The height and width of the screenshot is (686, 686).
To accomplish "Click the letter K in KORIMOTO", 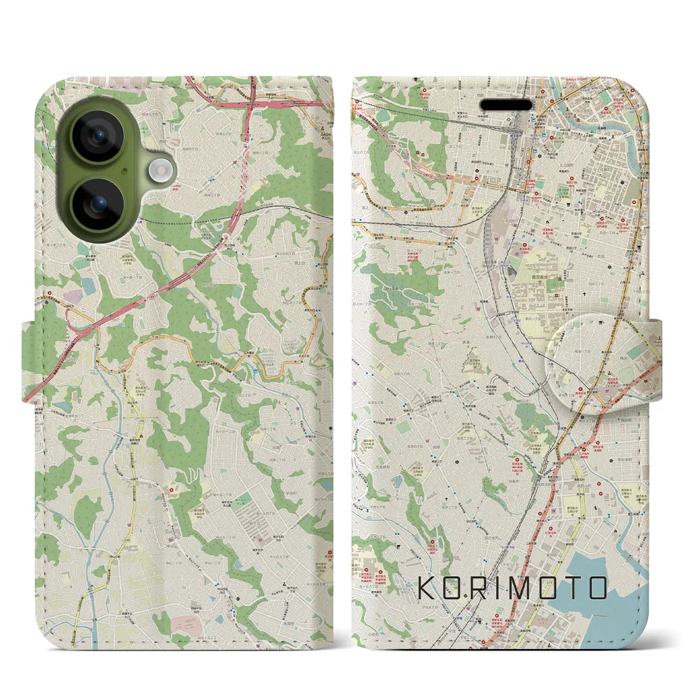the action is [427, 588].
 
